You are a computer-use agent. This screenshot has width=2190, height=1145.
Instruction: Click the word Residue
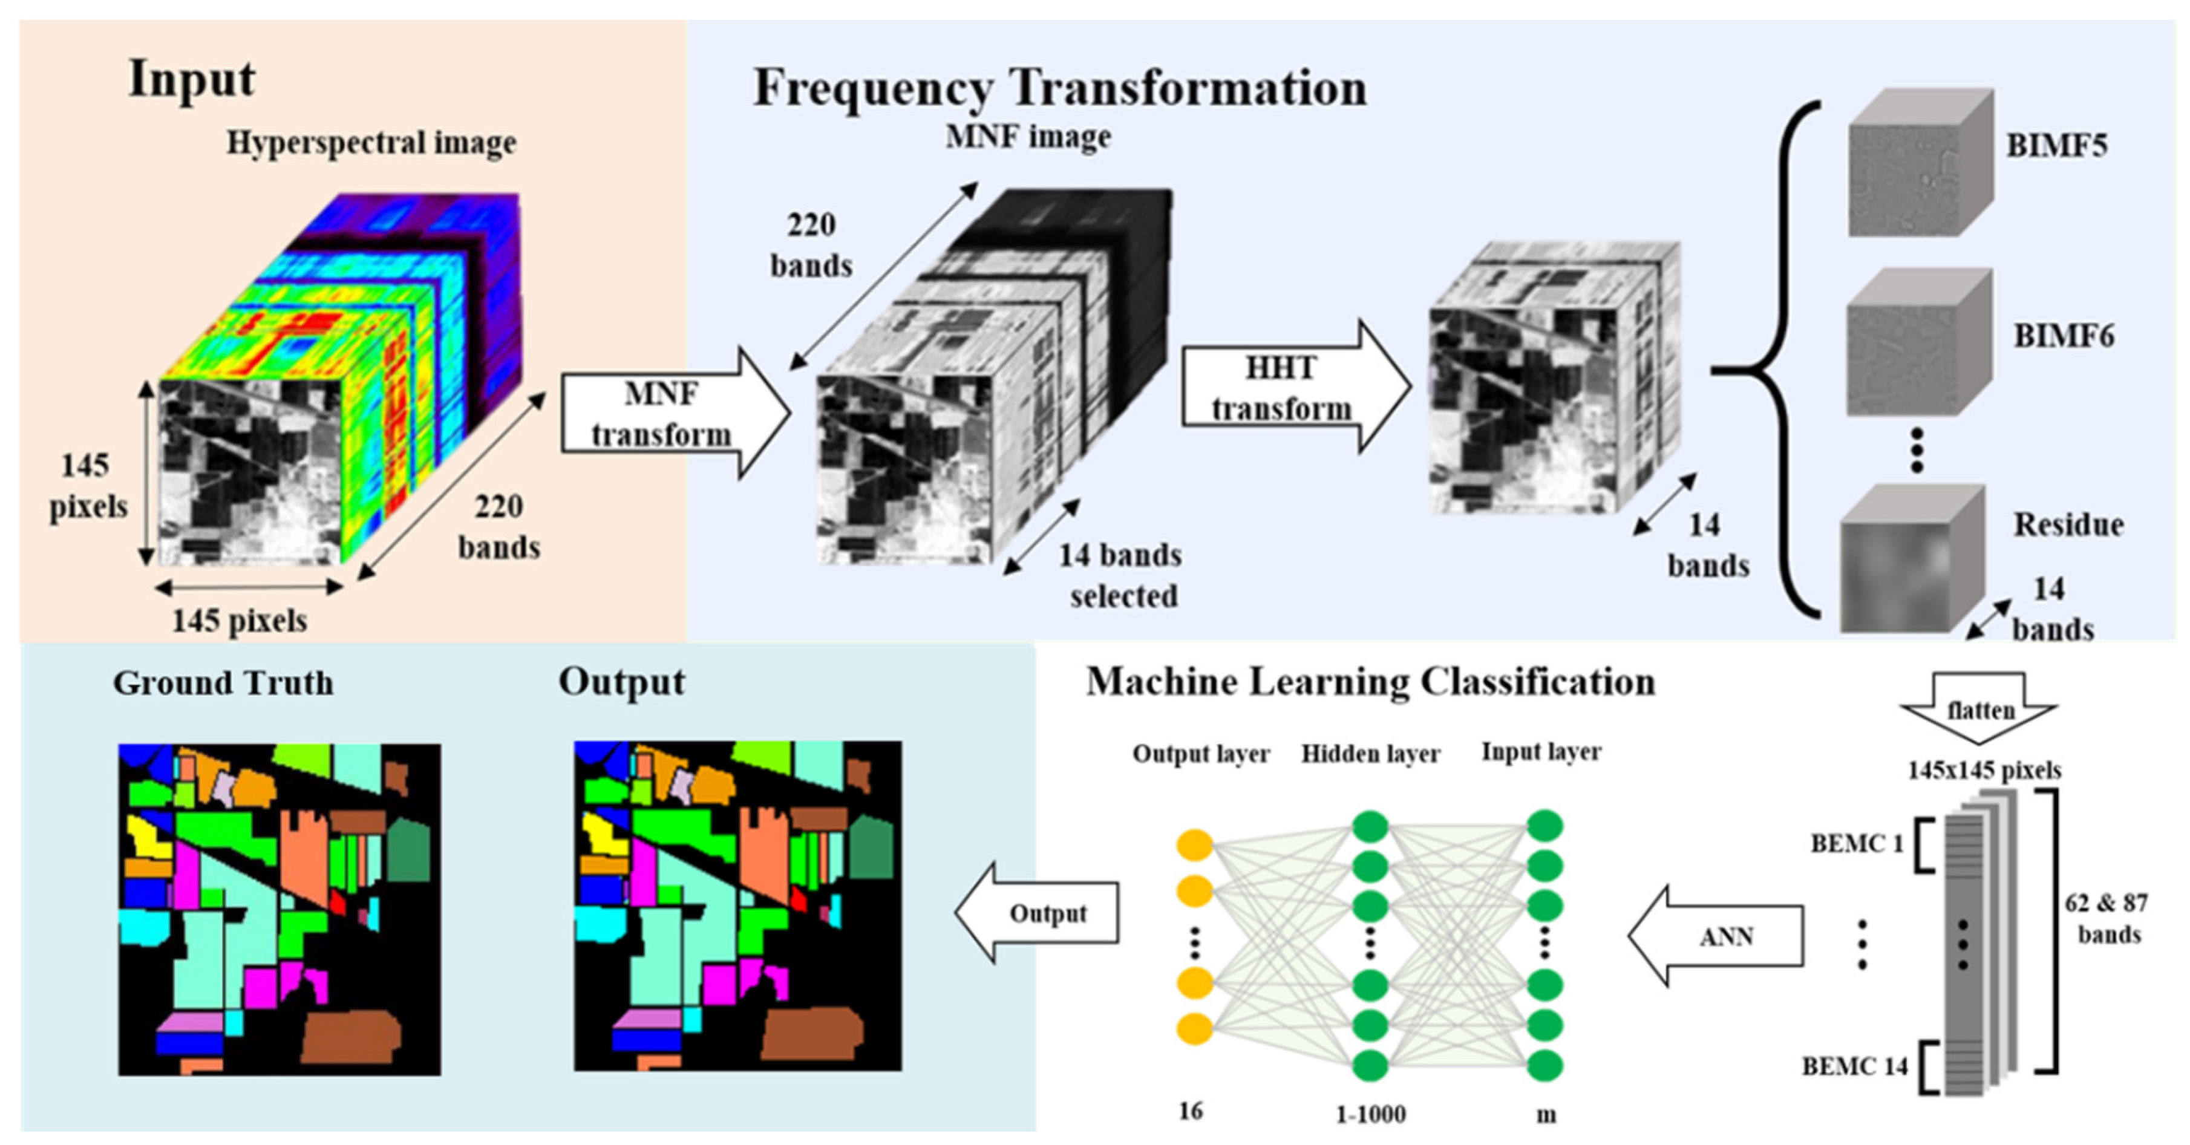(x=2068, y=524)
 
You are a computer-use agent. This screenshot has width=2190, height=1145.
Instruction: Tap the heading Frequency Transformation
(x=1059, y=88)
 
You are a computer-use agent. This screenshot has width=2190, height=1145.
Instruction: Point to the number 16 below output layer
(x=1190, y=1111)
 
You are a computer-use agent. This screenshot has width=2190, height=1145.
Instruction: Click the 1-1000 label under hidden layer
(x=1370, y=1114)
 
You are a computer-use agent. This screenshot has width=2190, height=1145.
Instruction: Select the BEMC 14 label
(x=1854, y=1066)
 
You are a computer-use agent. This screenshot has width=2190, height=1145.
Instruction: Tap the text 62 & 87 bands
(x=2107, y=918)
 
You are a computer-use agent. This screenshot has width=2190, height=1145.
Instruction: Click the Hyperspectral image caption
(x=371, y=143)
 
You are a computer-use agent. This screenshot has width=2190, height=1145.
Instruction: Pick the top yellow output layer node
(x=1194, y=846)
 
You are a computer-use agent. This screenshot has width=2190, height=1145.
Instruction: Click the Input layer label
(x=1540, y=751)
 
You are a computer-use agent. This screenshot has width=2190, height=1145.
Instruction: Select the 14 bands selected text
(x=1120, y=575)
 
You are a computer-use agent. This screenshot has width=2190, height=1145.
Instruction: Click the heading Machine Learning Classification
(x=1370, y=682)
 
